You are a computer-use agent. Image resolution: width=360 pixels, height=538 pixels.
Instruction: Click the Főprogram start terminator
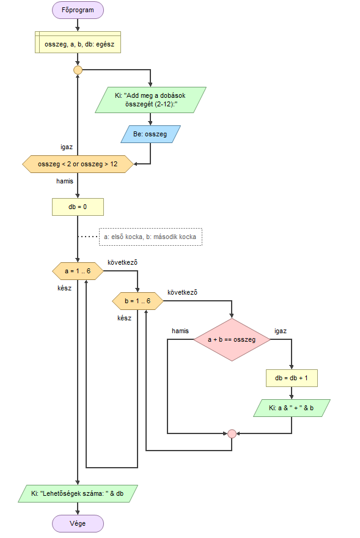click(78, 10)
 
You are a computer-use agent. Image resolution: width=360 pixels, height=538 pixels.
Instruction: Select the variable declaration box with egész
click(78, 42)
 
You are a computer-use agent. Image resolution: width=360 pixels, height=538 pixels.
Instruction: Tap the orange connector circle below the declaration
click(78, 70)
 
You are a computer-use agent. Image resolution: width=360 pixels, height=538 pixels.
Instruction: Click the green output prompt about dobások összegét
click(150, 100)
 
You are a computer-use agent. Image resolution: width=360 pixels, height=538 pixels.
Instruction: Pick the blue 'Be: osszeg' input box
click(150, 134)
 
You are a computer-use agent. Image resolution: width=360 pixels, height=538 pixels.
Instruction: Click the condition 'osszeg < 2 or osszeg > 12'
click(78, 164)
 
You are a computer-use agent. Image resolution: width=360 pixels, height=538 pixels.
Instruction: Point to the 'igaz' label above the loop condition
click(67, 147)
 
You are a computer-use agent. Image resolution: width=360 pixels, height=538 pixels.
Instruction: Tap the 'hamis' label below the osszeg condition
click(65, 181)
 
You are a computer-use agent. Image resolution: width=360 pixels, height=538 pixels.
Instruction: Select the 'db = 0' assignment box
click(78, 207)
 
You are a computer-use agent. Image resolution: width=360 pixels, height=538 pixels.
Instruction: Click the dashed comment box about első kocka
click(150, 237)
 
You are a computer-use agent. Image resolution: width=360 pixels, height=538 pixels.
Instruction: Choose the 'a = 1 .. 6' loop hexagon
click(78, 271)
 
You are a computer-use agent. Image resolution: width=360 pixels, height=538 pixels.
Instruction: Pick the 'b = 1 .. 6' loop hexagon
click(138, 301)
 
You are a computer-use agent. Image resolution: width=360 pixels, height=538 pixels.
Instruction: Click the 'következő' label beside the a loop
click(122, 262)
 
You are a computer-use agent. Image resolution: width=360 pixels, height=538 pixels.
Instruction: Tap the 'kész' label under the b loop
click(124, 318)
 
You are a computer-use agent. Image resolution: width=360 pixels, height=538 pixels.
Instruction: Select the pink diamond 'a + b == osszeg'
click(232, 340)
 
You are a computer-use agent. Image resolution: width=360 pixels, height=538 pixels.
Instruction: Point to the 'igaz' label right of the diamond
click(281, 331)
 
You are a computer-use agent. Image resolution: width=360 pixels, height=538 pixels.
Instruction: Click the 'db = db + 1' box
click(292, 378)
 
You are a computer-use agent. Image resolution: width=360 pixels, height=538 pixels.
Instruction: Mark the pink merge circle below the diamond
click(232, 433)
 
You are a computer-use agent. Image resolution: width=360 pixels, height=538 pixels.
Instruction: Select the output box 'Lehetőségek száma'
click(78, 494)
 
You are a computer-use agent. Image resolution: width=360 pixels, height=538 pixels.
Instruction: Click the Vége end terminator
click(78, 523)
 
